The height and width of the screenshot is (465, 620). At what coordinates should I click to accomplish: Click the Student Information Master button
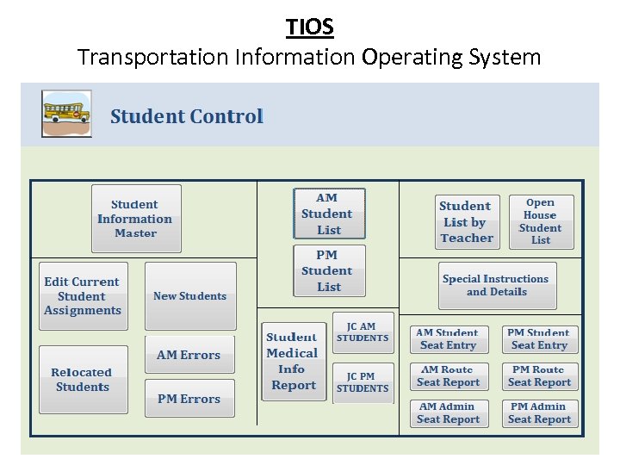pos(136,219)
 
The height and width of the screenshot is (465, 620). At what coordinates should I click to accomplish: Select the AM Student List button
pos(329,214)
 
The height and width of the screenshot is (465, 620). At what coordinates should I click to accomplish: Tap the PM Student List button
pos(329,270)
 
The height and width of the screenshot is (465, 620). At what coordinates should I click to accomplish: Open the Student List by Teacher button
pos(467,222)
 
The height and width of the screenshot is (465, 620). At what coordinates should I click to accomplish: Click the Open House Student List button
pos(540,222)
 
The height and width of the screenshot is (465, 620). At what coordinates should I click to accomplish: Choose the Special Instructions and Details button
pos(495,285)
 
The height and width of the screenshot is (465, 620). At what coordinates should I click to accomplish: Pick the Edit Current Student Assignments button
pos(83,296)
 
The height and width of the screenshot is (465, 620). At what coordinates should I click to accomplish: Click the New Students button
pos(189,296)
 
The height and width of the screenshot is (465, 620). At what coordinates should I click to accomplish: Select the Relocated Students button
pos(83,380)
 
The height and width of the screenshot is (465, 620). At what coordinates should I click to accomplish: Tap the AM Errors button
pos(189,355)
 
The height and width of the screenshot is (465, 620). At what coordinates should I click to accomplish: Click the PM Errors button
pos(189,399)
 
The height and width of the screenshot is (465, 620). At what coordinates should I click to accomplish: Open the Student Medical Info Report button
pos(292,361)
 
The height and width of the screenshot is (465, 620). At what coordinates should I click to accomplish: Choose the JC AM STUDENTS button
pos(363,332)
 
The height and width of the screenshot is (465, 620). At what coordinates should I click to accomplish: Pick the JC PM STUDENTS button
pos(363,382)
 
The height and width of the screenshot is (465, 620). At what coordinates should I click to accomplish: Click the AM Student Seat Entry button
pos(448,339)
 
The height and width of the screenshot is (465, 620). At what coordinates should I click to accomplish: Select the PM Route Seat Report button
pos(540,376)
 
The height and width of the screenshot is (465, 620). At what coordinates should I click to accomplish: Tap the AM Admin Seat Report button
pos(448,413)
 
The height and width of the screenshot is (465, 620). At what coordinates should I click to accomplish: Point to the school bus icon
pos(66,114)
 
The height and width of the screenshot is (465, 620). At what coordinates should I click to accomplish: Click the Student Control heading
pos(187,116)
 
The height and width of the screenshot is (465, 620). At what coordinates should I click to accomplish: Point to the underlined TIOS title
pos(310,27)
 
